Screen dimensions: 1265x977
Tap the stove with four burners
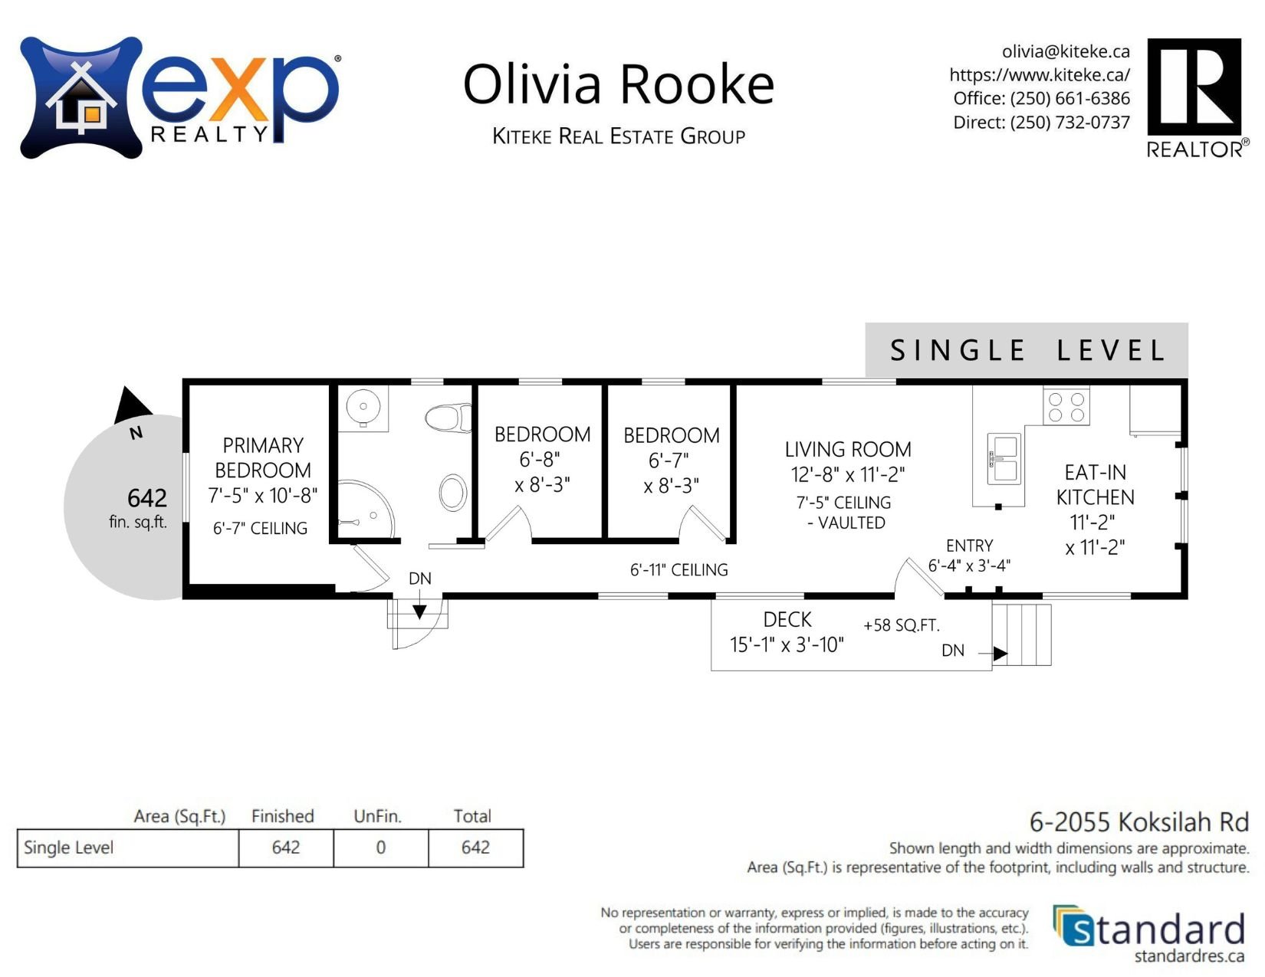pos(1066,406)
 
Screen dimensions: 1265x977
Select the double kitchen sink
pos(1004,458)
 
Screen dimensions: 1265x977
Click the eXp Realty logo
pos(179,97)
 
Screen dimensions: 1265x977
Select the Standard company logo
pos(1150,933)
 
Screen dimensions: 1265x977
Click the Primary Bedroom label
pos(263,457)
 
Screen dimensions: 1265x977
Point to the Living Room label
pos(848,450)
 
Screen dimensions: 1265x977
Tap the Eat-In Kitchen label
pos(1095,484)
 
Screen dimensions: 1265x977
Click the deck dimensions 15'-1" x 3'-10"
pos(787,645)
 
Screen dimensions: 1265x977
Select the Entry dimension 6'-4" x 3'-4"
pos(969,566)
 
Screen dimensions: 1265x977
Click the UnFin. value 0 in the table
pos(380,847)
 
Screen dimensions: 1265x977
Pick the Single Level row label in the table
pos(69,847)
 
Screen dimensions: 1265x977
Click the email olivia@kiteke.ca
pos(1066,51)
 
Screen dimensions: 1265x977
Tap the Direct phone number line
pos(1041,123)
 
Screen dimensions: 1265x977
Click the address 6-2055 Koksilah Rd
pos(1138,822)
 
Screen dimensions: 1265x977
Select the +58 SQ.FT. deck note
pos(901,625)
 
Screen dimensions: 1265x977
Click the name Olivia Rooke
pos(619,84)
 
